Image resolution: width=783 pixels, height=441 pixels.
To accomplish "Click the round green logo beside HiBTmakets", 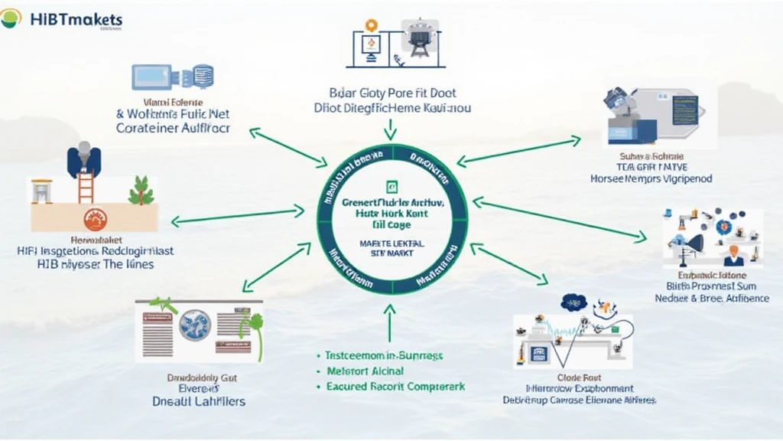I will click(x=11, y=18).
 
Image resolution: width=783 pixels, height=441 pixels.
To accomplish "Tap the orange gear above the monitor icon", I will click(x=372, y=25).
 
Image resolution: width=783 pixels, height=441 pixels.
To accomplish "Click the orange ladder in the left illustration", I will click(x=85, y=187).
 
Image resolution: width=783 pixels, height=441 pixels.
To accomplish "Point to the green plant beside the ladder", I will click(x=141, y=190).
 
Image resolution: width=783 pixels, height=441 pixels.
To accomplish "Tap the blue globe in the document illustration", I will click(x=194, y=325).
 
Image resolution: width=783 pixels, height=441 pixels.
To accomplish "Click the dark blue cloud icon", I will click(x=573, y=302).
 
